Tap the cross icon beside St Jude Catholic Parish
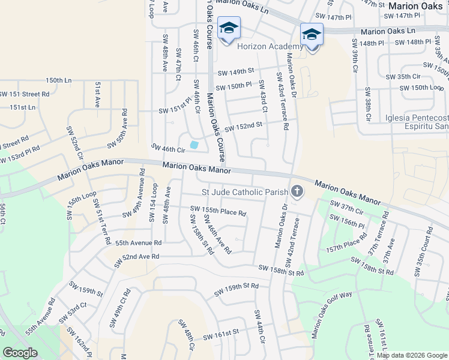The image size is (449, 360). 296,192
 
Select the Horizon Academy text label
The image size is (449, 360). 270,47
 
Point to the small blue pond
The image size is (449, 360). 194,145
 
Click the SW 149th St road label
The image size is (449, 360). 237,71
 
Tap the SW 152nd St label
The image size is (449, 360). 244,126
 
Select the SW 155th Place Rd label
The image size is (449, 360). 218,211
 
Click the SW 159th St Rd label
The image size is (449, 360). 237,290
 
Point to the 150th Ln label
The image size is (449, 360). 58,80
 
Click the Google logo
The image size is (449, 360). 20,353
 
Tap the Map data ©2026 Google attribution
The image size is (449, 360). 412,355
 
